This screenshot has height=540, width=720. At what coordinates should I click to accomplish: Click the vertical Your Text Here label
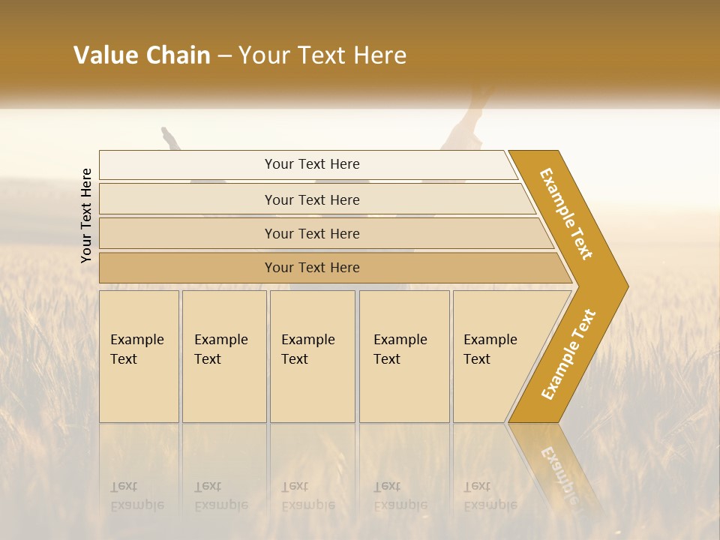pyautogui.click(x=86, y=215)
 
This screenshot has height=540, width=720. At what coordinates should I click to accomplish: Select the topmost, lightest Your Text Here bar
pyautogui.click(x=312, y=164)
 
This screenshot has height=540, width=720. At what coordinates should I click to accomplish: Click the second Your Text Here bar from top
pyautogui.click(x=312, y=199)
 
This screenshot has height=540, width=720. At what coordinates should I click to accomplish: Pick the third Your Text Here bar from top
pyautogui.click(x=312, y=233)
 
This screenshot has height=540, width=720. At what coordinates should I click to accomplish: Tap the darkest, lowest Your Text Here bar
pyautogui.click(x=312, y=268)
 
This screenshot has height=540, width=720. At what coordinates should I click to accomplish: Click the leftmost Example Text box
pyautogui.click(x=139, y=356)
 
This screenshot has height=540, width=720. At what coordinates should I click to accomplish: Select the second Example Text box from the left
pyautogui.click(x=223, y=356)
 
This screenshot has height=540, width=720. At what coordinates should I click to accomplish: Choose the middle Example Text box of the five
pyautogui.click(x=312, y=356)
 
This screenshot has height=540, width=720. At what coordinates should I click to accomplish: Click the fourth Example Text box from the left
pyautogui.click(x=404, y=356)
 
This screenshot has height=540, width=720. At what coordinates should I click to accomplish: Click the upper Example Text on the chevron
pyautogui.click(x=566, y=214)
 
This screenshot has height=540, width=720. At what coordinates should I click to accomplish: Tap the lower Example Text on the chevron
pyautogui.click(x=568, y=354)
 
